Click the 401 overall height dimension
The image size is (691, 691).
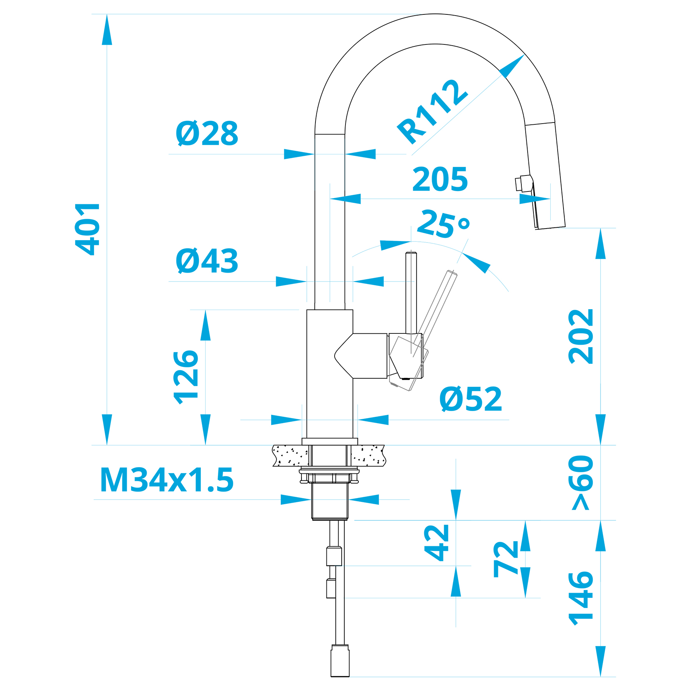click(88, 229)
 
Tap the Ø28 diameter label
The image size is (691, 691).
click(207, 133)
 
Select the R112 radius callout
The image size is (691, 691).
click(432, 112)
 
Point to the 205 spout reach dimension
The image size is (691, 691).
click(440, 179)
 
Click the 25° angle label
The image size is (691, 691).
click(443, 223)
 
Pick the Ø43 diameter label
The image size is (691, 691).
click(207, 260)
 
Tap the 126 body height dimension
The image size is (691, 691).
click(186, 377)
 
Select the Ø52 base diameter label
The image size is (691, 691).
click(471, 399)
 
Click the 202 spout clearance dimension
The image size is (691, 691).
click(581, 337)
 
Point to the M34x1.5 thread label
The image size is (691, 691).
click(167, 480)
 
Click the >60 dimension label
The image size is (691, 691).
click(581, 482)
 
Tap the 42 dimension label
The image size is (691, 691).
click(437, 543)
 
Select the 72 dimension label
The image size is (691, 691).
click(506, 558)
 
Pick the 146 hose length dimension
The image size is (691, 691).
click(581, 599)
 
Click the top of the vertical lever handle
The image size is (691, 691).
click(411, 253)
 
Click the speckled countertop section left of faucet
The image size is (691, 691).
click(291, 455)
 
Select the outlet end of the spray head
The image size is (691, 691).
click(550, 228)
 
